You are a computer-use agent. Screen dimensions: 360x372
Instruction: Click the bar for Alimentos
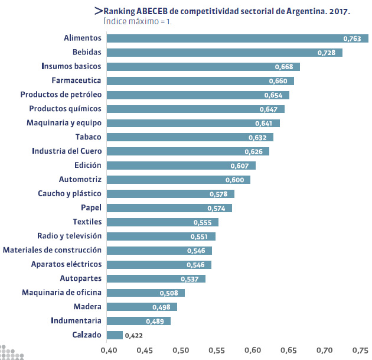click(x=236, y=38)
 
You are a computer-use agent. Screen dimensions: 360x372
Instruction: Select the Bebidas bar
click(x=224, y=53)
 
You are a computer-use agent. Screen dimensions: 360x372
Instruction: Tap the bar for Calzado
click(x=115, y=335)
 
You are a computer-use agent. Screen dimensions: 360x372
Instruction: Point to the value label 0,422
click(x=134, y=335)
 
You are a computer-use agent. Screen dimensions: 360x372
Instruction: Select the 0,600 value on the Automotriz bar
click(x=236, y=180)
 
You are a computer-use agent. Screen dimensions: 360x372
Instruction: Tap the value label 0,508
click(x=170, y=293)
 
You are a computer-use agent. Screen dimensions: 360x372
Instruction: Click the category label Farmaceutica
click(x=76, y=80)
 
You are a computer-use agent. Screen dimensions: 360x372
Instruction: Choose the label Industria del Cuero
click(x=67, y=151)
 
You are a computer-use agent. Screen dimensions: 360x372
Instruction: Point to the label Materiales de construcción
click(x=52, y=250)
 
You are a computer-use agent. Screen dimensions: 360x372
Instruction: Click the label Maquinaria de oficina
click(x=61, y=293)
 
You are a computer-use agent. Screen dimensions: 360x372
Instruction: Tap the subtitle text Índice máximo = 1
click(x=138, y=21)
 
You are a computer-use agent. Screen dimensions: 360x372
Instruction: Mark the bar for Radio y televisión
click(x=161, y=236)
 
